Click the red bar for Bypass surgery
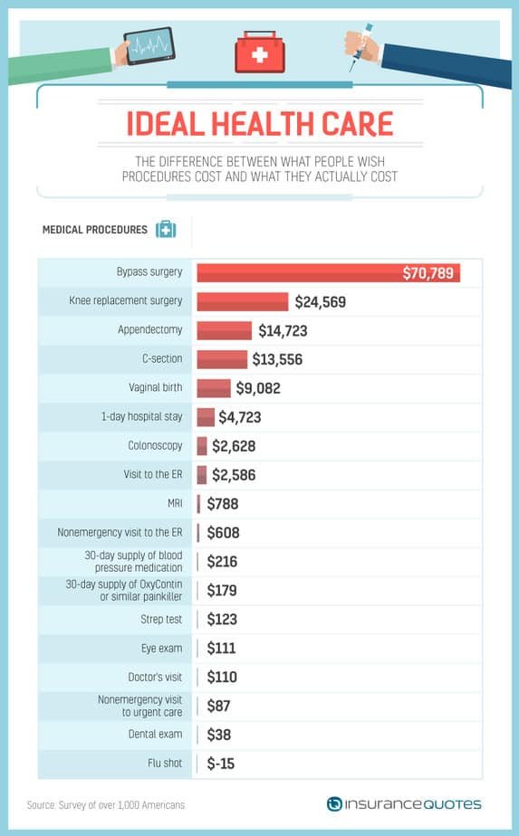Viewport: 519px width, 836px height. [x=329, y=272]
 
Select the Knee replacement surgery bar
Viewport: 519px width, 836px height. [x=243, y=301]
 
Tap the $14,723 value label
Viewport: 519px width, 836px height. [x=283, y=331]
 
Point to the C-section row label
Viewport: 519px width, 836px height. [x=162, y=359]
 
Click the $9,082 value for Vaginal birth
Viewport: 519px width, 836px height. [x=258, y=388]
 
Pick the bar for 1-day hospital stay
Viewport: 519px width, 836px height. [x=206, y=417]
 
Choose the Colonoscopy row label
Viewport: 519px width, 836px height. [x=156, y=445]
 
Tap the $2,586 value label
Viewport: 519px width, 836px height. [x=234, y=475]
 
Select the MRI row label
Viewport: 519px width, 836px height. [x=175, y=503]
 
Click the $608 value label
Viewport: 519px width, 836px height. [x=223, y=533]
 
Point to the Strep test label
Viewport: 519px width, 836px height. [x=161, y=619]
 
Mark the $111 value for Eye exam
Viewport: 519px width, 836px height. [x=221, y=649]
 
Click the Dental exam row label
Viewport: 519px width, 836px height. [x=156, y=734]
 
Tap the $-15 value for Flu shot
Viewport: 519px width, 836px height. [x=220, y=764]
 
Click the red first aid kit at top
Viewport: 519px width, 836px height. [x=260, y=52]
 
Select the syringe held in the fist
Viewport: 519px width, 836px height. [x=361, y=46]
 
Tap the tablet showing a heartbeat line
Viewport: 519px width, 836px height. [x=149, y=45]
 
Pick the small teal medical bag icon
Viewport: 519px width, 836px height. [x=166, y=229]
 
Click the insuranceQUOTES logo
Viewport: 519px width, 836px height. [x=404, y=804]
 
